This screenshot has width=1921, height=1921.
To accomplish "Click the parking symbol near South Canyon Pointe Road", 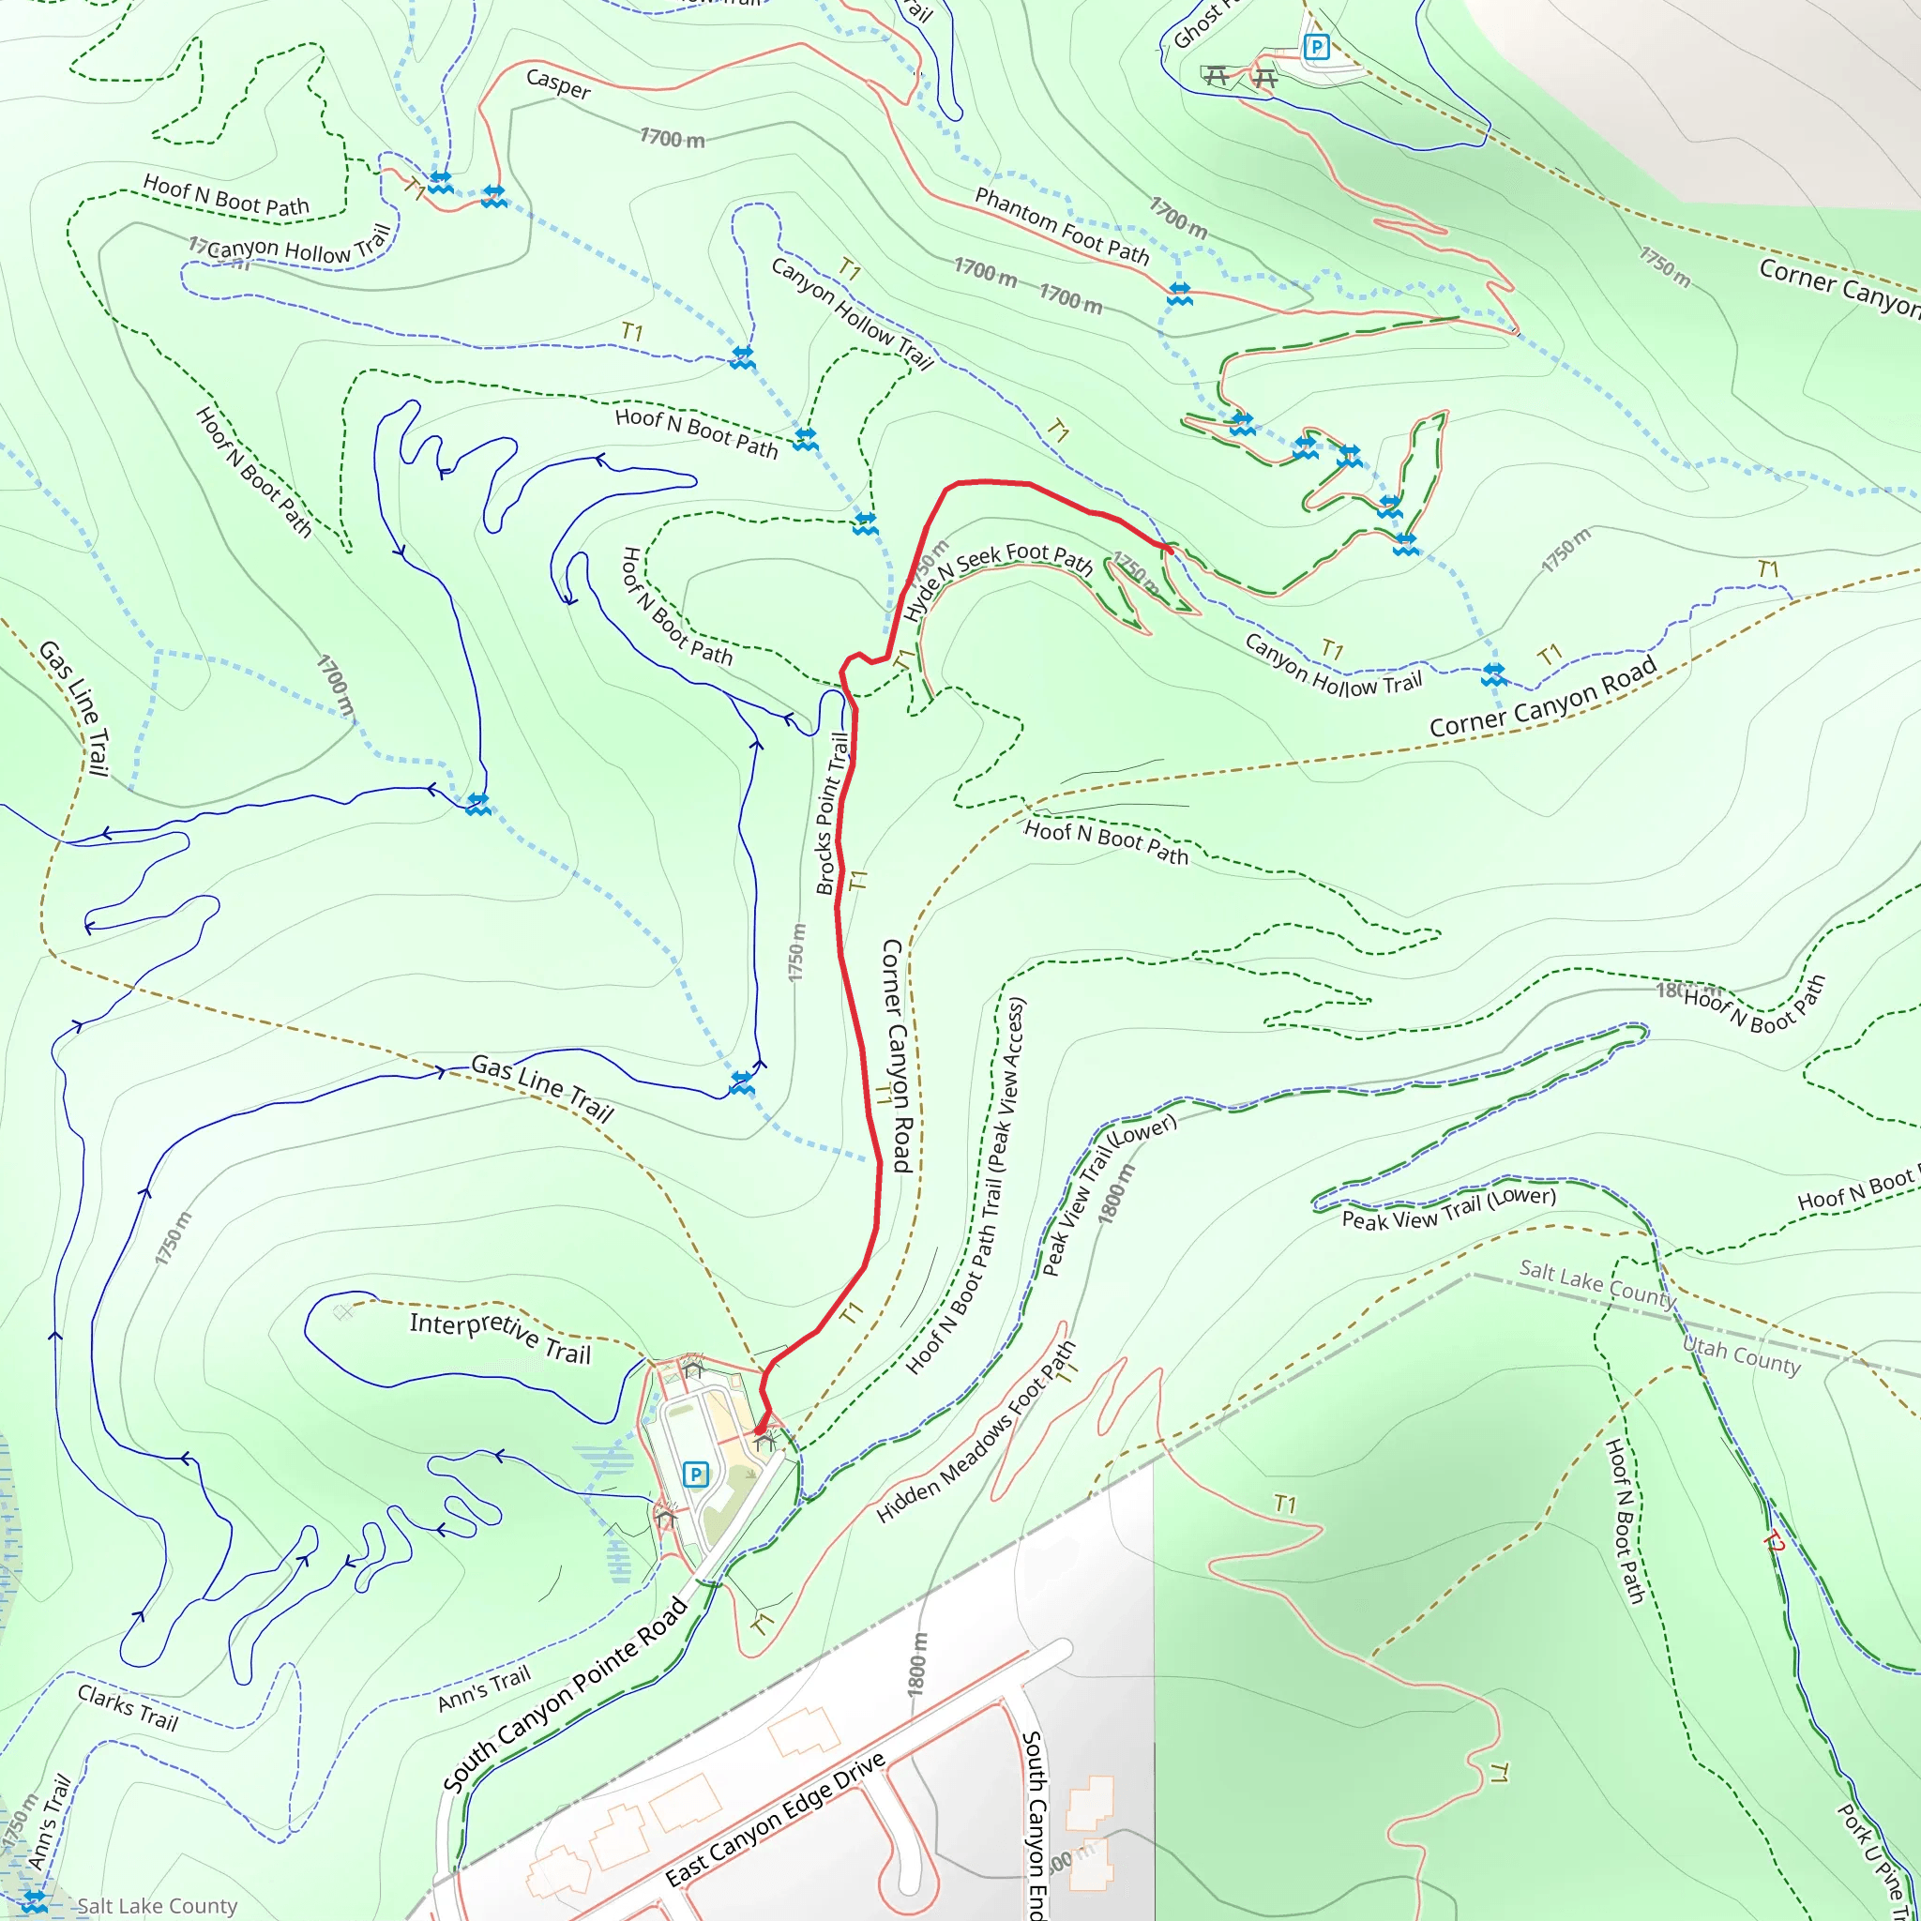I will coord(696,1474).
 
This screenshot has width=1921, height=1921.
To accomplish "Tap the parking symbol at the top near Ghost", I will coord(1315,47).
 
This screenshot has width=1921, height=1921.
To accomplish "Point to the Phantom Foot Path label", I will coord(1061,227).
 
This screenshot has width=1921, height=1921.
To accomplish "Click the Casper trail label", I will coord(558,84).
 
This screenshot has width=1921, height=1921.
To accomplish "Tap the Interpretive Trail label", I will coord(500,1337).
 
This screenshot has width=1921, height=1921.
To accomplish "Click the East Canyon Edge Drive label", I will coord(776,1820).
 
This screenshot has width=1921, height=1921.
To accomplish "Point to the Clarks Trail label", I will coord(128,1707).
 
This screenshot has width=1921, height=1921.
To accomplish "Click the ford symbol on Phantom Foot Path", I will coord(1179,294).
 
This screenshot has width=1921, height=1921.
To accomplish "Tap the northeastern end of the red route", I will coord(1170,548).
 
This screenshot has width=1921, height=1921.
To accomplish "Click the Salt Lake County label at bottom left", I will coord(157,1905).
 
